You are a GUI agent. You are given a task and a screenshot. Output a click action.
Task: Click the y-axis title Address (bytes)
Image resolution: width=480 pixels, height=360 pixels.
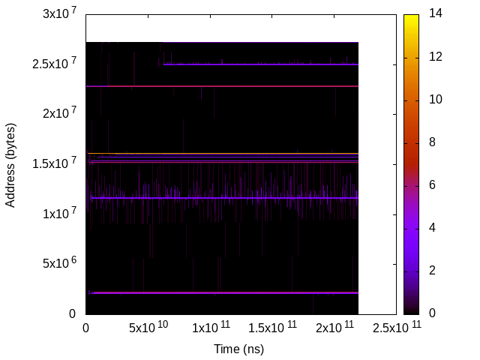[10, 164]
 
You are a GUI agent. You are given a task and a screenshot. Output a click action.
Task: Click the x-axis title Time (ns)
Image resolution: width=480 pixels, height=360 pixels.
[239, 349]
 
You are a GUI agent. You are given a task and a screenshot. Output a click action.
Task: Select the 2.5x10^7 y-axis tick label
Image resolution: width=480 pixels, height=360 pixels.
[55, 64]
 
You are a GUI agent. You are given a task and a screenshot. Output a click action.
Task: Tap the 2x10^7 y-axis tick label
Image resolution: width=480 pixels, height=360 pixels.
[59, 114]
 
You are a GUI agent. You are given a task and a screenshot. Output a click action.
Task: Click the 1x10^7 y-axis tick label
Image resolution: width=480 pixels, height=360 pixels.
[59, 214]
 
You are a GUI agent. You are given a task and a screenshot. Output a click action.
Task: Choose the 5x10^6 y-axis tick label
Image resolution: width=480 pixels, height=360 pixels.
[59, 263]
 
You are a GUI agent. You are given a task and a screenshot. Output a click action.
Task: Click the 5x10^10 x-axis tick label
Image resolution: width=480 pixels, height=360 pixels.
[148, 328]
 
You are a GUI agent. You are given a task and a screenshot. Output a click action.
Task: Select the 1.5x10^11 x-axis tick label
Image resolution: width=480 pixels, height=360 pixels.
[271, 328]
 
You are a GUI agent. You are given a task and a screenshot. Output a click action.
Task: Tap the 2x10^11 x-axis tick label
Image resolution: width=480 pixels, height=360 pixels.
[334, 328]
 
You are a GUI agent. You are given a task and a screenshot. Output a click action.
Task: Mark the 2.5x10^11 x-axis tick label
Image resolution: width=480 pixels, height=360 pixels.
[395, 328]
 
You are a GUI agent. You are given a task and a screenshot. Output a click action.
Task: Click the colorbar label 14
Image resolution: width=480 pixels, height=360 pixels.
[435, 14]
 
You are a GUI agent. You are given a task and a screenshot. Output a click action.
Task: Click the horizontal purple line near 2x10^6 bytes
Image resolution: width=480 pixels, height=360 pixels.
[225, 292]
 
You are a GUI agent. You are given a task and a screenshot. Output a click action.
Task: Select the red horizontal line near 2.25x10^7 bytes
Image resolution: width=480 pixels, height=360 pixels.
[225, 86]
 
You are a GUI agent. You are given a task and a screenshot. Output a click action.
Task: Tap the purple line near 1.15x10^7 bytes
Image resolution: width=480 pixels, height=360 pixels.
[225, 198]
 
